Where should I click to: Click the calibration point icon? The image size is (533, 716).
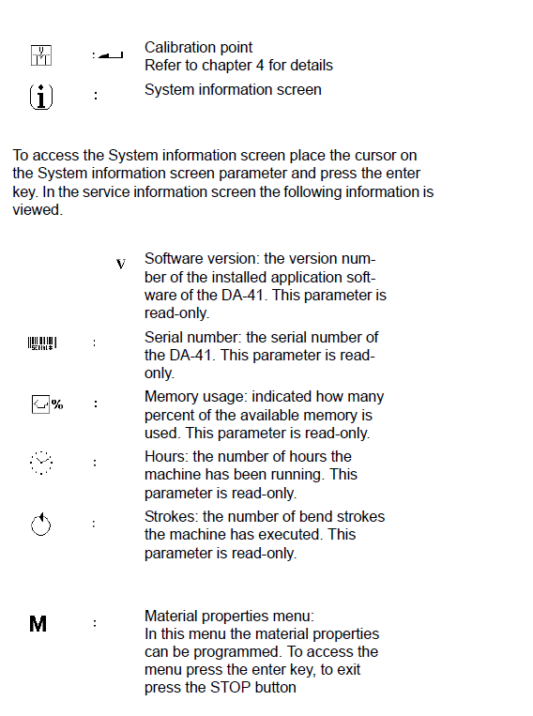(x=41, y=55)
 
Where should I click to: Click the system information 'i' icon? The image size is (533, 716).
(x=41, y=97)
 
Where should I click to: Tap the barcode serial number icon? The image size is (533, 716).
(x=42, y=343)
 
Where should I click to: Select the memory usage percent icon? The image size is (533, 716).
(x=48, y=404)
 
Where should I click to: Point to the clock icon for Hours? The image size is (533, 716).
(x=41, y=463)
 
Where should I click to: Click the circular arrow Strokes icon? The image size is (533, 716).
(x=41, y=525)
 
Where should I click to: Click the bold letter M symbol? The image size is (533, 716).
(x=38, y=624)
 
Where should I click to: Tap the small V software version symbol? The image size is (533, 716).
(x=120, y=264)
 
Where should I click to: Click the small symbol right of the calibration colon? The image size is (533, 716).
(x=111, y=55)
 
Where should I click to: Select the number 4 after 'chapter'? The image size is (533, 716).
(x=259, y=66)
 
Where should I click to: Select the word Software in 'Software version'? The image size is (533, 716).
(x=174, y=259)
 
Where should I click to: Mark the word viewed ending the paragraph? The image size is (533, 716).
(x=38, y=210)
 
